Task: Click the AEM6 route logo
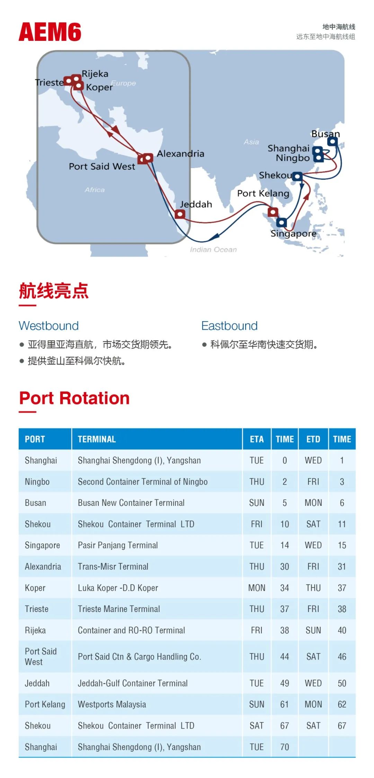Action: (x=50, y=32)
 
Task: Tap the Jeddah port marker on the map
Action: (x=180, y=214)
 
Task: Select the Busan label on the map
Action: (x=326, y=134)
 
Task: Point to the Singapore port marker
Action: (x=282, y=222)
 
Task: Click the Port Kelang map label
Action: (x=263, y=193)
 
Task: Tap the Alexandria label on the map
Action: (x=180, y=154)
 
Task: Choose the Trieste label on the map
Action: (x=50, y=82)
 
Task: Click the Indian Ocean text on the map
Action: (x=213, y=249)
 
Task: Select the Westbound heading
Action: (x=49, y=326)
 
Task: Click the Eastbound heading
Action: (x=230, y=326)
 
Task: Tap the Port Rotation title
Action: (x=74, y=398)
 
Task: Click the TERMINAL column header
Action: (x=97, y=439)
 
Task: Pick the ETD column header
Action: (x=313, y=439)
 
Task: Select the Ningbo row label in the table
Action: (x=37, y=482)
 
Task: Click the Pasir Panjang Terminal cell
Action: (x=118, y=545)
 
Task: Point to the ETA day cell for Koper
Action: (x=257, y=588)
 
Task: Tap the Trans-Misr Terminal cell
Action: (x=113, y=566)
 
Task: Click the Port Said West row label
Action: (x=41, y=657)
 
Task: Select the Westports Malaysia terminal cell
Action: (x=112, y=704)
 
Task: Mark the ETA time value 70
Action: (x=285, y=747)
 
